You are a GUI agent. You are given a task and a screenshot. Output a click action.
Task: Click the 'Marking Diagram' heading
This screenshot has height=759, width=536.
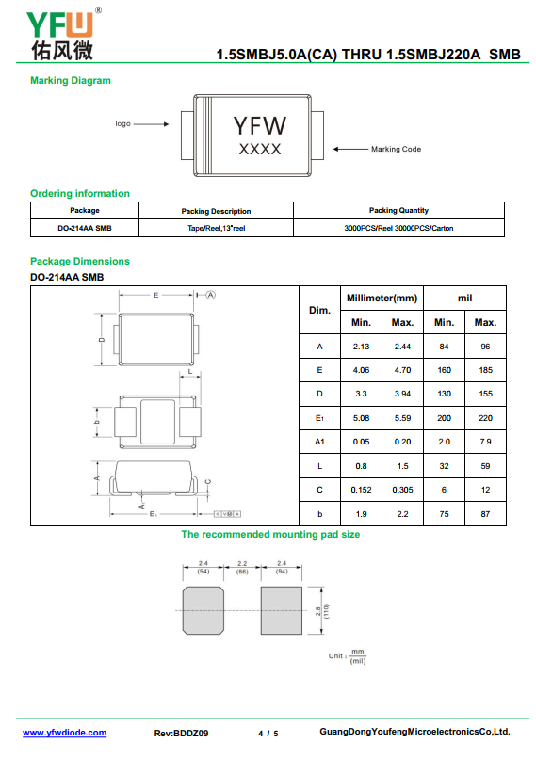tap(71, 80)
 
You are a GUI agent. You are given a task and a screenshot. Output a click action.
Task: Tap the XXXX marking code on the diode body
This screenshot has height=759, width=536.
tap(260, 149)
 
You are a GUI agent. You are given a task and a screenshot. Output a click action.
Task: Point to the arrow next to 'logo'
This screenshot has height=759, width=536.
tap(151, 124)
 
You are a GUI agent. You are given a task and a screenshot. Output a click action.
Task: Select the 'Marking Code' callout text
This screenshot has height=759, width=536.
tap(396, 149)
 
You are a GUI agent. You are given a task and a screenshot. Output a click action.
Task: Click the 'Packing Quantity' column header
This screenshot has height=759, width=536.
tap(398, 210)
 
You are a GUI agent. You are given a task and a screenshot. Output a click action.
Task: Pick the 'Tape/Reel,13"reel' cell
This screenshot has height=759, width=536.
tap(217, 228)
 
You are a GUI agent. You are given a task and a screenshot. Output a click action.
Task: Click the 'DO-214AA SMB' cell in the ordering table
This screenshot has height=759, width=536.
tap(85, 228)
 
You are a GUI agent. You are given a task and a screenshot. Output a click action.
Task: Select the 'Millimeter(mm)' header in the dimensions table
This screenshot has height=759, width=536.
tap(382, 299)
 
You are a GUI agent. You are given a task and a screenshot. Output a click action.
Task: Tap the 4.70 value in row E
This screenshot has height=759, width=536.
tap(402, 370)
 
